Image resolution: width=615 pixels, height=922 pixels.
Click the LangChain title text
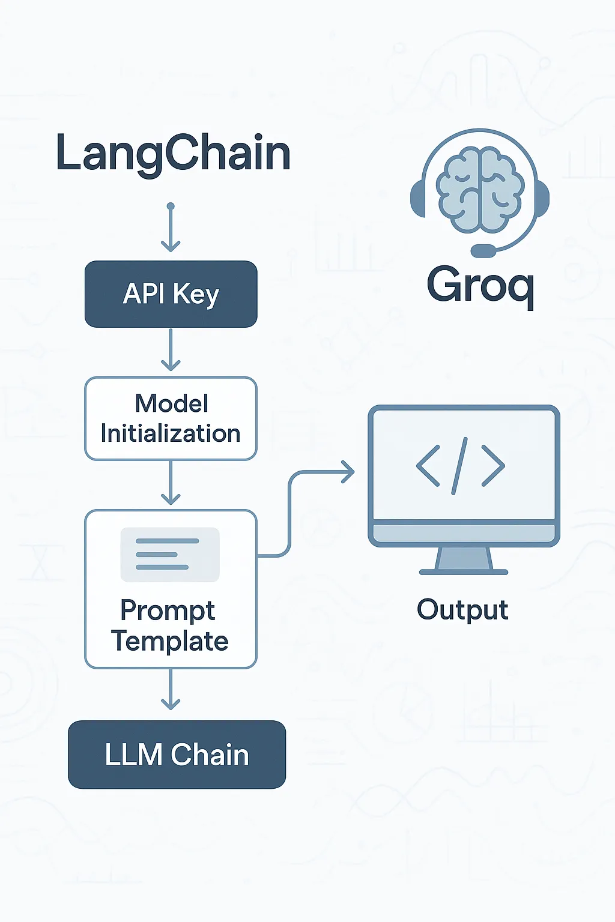click(173, 154)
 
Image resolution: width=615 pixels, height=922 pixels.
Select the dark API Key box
click(171, 294)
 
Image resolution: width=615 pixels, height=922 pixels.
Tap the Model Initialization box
click(171, 418)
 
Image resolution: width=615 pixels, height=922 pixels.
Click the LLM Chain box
click(177, 755)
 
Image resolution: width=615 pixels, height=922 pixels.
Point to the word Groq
click(480, 286)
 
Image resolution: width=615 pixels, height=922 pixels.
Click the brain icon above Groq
click(480, 191)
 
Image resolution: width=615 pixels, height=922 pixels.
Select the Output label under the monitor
click(462, 610)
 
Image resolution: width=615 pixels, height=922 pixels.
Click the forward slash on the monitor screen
click(459, 465)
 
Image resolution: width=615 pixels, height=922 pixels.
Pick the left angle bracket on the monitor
click(428, 465)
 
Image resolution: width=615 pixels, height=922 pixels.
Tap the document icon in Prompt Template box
click(170, 555)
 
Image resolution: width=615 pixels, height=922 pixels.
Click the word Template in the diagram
click(170, 641)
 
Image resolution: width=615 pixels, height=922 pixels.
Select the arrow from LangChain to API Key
click(171, 228)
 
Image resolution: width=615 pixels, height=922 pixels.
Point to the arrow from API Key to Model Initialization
click(171, 351)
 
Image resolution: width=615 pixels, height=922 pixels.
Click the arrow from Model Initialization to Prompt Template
click(171, 484)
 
